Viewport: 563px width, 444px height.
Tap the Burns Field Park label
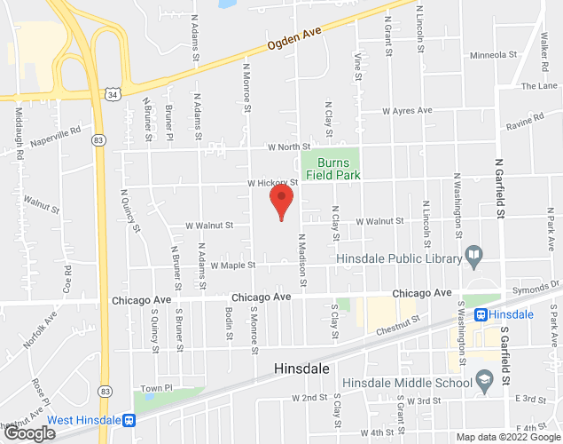tap(332, 170)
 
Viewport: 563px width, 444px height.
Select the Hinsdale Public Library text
tap(399, 258)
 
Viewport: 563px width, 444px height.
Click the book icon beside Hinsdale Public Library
tap(474, 258)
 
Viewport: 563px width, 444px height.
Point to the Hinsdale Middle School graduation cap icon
tap(484, 382)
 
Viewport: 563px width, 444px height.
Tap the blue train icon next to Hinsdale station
tap(481, 314)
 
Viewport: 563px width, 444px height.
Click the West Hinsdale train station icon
tap(129, 420)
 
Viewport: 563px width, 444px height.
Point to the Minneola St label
tap(494, 55)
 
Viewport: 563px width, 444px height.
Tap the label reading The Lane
tap(539, 86)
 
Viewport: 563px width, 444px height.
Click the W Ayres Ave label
tap(407, 111)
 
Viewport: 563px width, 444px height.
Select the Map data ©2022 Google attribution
tap(506, 437)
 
